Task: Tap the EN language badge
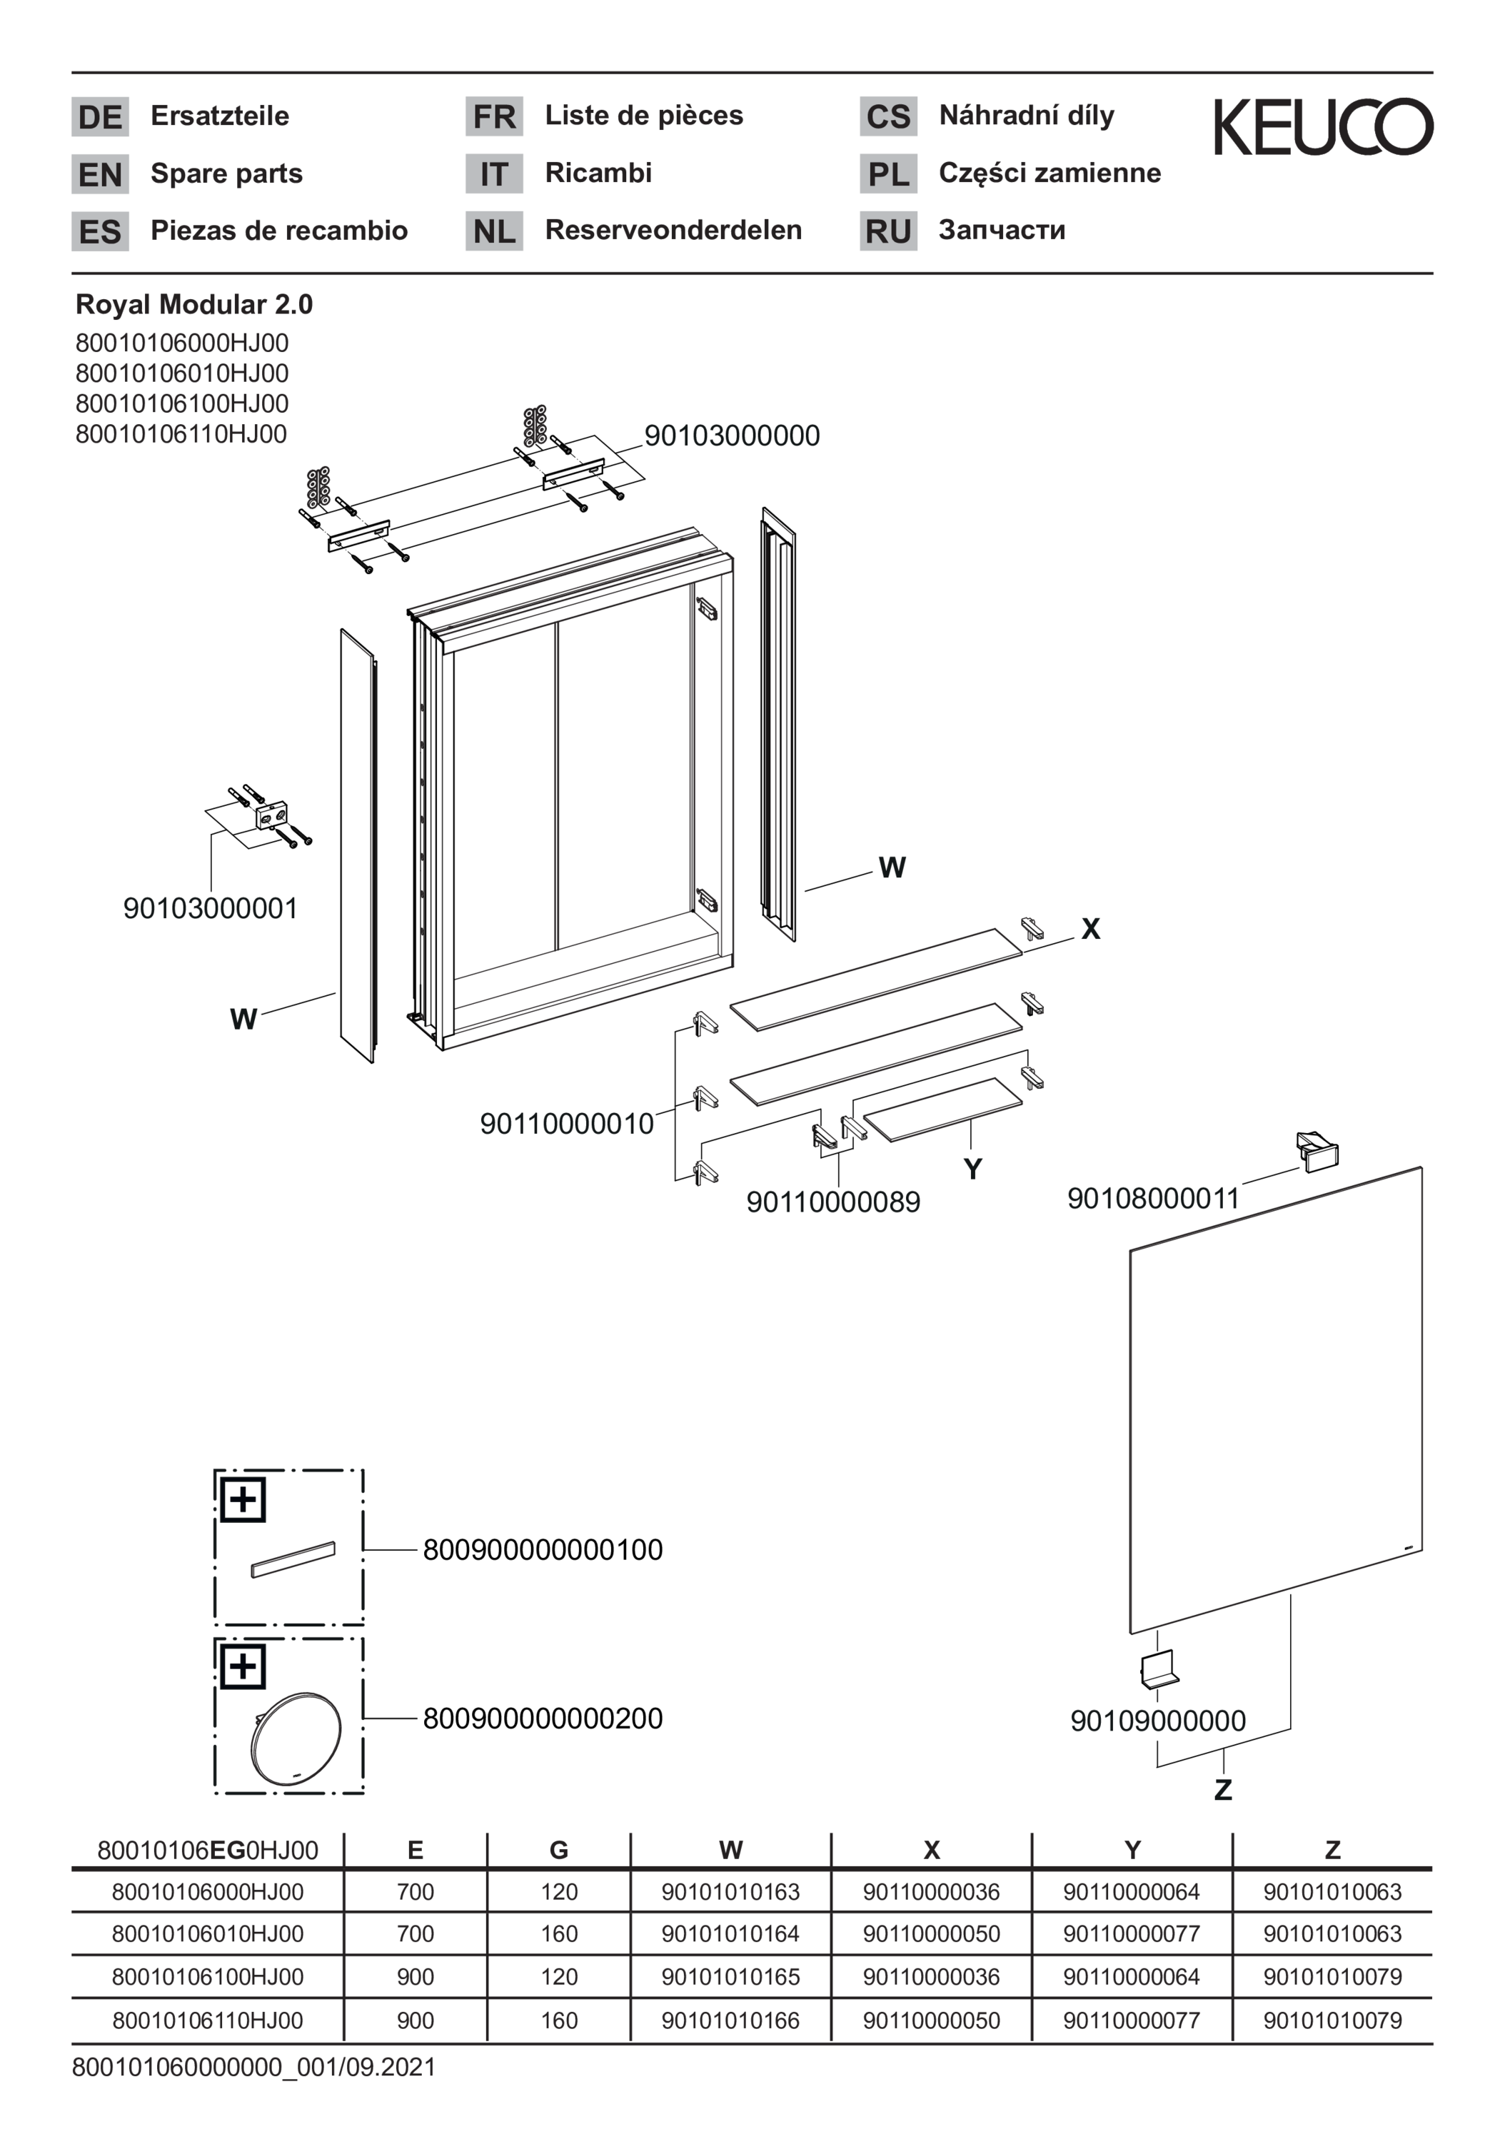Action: click(x=100, y=174)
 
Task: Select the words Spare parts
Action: click(x=226, y=174)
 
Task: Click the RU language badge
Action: click(x=888, y=231)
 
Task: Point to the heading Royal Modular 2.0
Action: click(x=193, y=304)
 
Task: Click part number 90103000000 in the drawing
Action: click(x=732, y=436)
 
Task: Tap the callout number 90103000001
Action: click(x=211, y=908)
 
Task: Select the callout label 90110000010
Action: click(x=567, y=1124)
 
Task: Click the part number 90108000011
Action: click(x=1154, y=1198)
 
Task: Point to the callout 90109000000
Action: click(x=1157, y=1721)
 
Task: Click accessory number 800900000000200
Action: click(x=543, y=1718)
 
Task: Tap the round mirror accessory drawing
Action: click(x=295, y=1738)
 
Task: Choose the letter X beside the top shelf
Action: click(x=1090, y=929)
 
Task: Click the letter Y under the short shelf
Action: click(x=972, y=1169)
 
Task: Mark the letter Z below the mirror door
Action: click(x=1223, y=1790)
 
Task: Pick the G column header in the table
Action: click(x=558, y=1851)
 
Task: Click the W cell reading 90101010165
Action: click(x=730, y=1977)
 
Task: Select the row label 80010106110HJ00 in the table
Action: click(x=208, y=2020)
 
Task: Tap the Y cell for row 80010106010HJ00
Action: click(x=1132, y=1934)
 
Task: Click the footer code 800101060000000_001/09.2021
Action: click(x=253, y=2068)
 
